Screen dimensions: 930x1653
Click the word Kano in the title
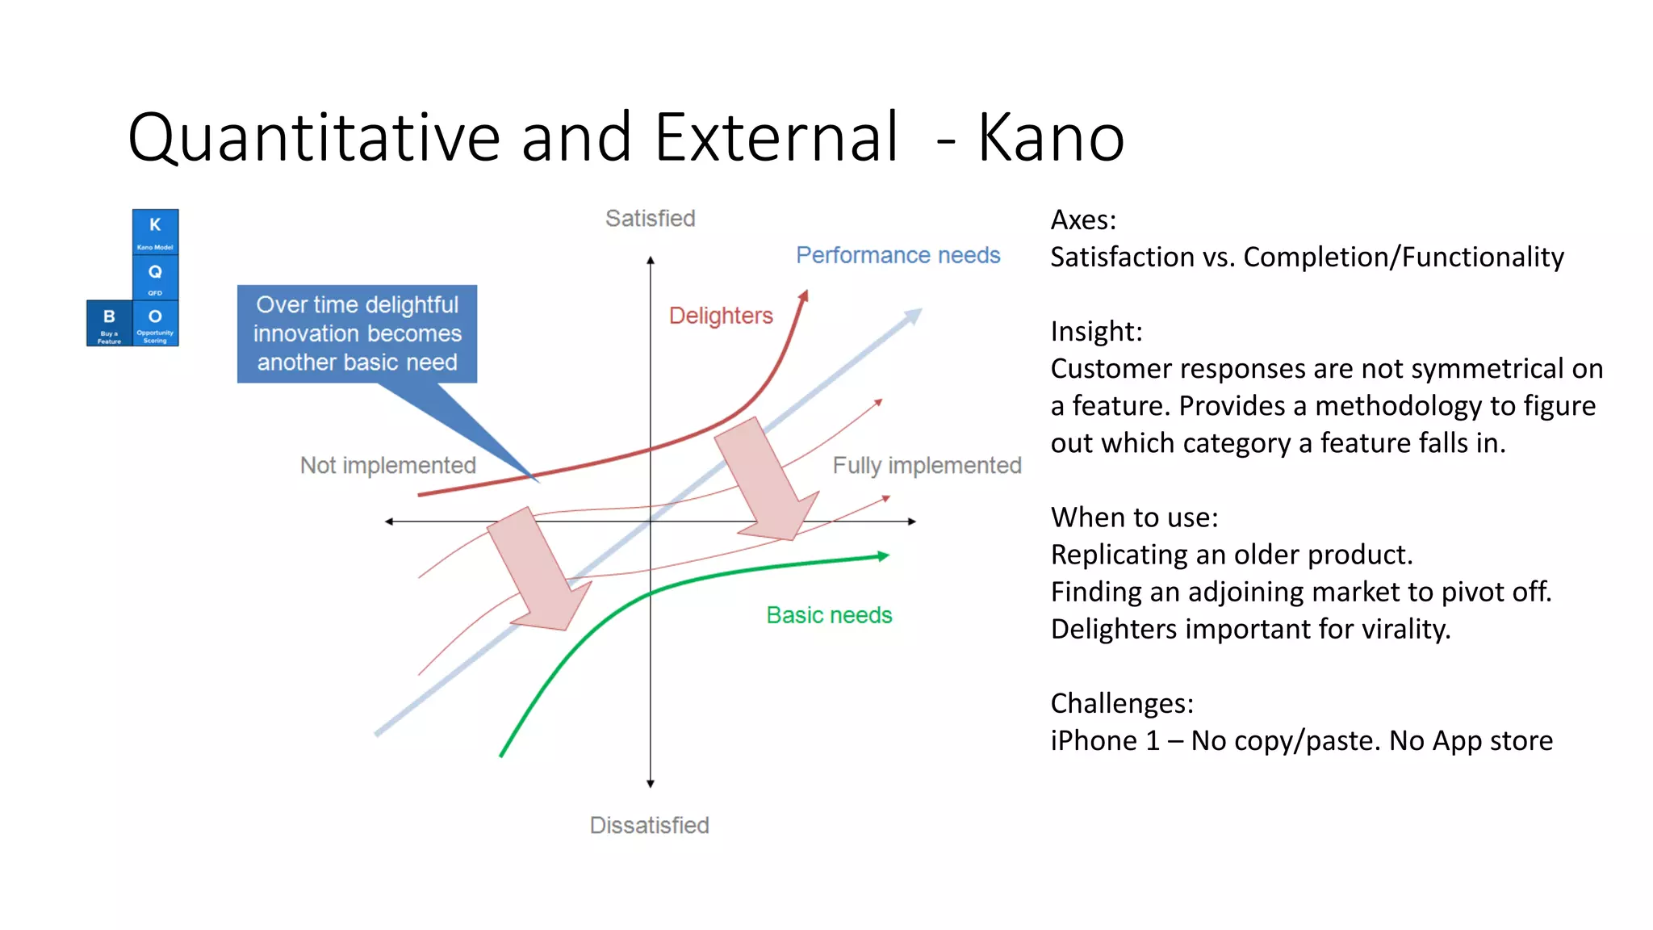(x=1051, y=137)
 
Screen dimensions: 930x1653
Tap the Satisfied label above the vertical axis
(x=650, y=218)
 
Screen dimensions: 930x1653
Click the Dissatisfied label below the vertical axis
(x=649, y=825)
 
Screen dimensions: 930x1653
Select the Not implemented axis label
(x=387, y=465)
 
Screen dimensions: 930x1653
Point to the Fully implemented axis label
(x=927, y=465)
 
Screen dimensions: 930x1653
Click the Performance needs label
(x=898, y=255)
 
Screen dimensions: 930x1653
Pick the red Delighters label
(x=721, y=316)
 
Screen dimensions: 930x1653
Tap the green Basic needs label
(x=829, y=615)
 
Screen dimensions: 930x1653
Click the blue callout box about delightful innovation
(x=357, y=333)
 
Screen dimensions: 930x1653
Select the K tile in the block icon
(x=155, y=231)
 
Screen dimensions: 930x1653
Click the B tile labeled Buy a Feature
(x=109, y=323)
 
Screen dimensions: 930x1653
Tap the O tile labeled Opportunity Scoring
(x=155, y=323)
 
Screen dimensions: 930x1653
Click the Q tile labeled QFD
(x=155, y=277)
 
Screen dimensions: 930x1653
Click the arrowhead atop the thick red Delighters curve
(x=803, y=296)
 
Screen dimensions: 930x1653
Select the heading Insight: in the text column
(x=1096, y=331)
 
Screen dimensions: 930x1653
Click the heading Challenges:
(x=1121, y=703)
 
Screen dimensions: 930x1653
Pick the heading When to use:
(x=1134, y=517)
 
